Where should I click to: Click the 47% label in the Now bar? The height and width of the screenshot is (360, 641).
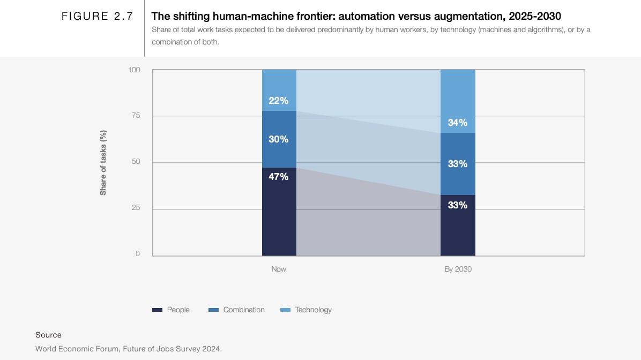[279, 176]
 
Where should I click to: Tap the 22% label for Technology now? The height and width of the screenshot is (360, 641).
[279, 100]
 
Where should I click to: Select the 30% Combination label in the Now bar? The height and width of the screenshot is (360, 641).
[279, 139]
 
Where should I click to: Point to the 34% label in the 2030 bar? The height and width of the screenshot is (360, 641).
[458, 123]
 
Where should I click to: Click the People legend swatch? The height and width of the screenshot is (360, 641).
[157, 310]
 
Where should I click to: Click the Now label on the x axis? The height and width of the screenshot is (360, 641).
[279, 269]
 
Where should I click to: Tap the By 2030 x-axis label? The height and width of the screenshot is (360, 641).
[458, 269]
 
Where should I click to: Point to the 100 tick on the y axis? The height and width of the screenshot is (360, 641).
[134, 70]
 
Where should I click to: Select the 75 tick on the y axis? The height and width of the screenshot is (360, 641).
[136, 116]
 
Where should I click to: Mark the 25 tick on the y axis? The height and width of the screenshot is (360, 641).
[136, 208]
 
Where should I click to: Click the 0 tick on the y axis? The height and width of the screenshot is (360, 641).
[138, 253]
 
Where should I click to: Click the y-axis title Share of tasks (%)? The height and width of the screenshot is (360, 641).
[103, 162]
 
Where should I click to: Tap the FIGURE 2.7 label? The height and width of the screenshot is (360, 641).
[97, 16]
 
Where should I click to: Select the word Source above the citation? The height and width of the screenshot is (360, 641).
[48, 335]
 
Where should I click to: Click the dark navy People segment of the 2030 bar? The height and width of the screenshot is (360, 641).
[458, 230]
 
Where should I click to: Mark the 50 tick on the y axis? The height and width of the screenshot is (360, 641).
[136, 162]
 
